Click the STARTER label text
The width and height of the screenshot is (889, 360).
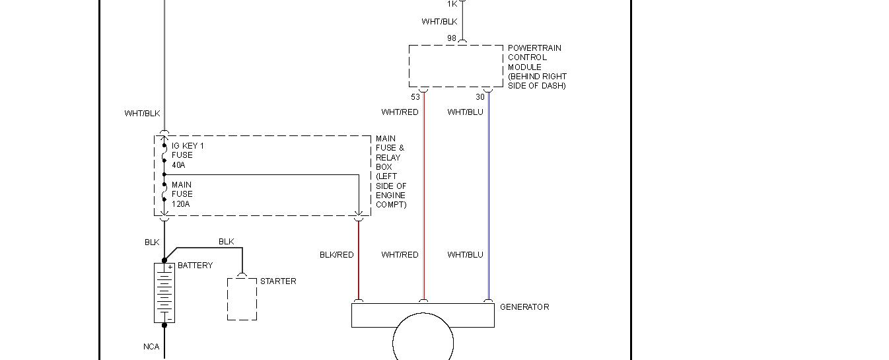click(x=278, y=281)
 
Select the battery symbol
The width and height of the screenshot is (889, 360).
click(x=164, y=293)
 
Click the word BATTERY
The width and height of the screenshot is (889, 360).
click(x=196, y=266)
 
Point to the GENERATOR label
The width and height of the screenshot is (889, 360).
click(x=524, y=307)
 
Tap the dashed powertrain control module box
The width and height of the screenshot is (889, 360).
click(x=456, y=66)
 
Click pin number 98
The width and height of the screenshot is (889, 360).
click(x=452, y=38)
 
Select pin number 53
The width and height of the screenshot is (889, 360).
click(x=415, y=97)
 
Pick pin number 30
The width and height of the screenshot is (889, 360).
click(x=480, y=97)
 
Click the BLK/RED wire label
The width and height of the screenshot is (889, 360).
click(x=337, y=255)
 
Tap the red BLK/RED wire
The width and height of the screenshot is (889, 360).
click(x=359, y=277)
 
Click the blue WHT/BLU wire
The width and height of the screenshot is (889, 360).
click(x=489, y=198)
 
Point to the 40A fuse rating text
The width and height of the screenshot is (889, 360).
click(x=178, y=165)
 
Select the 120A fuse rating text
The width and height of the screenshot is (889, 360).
click(x=181, y=204)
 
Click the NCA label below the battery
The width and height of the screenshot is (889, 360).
click(x=151, y=347)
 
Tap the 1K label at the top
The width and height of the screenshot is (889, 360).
click(x=452, y=4)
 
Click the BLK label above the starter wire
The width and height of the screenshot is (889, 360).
click(x=227, y=242)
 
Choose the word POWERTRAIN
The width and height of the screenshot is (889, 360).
click(x=534, y=48)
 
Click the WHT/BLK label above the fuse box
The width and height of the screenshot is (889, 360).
click(x=142, y=114)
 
